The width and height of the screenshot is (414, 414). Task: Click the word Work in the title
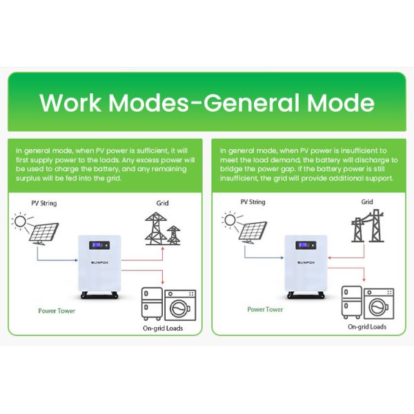pyautogui.click(x=70, y=102)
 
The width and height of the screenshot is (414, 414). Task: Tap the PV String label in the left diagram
pyautogui.click(x=44, y=204)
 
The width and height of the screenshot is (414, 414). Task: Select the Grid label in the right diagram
pyautogui.click(x=367, y=202)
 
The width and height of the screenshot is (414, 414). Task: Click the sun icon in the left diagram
pyautogui.click(x=20, y=221)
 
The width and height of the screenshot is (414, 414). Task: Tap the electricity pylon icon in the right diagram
pyautogui.click(x=367, y=226)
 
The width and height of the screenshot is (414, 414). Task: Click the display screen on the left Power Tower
pyautogui.click(x=99, y=245)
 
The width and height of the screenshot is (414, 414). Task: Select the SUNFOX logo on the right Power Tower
pyautogui.click(x=306, y=262)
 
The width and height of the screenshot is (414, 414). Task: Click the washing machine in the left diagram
pyautogui.click(x=180, y=305)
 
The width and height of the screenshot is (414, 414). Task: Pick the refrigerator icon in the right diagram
pyautogui.click(x=352, y=303)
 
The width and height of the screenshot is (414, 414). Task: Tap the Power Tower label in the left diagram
pyautogui.click(x=57, y=310)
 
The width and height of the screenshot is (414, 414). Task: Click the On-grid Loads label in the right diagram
pyautogui.click(x=367, y=326)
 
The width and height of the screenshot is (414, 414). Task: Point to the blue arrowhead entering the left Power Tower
pyautogui.click(x=77, y=260)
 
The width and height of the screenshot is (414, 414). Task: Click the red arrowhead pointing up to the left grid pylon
pyautogui.click(x=163, y=248)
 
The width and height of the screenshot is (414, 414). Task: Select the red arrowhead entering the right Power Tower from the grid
pyautogui.click(x=329, y=257)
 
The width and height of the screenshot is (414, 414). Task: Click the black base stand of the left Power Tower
pyautogui.click(x=99, y=295)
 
